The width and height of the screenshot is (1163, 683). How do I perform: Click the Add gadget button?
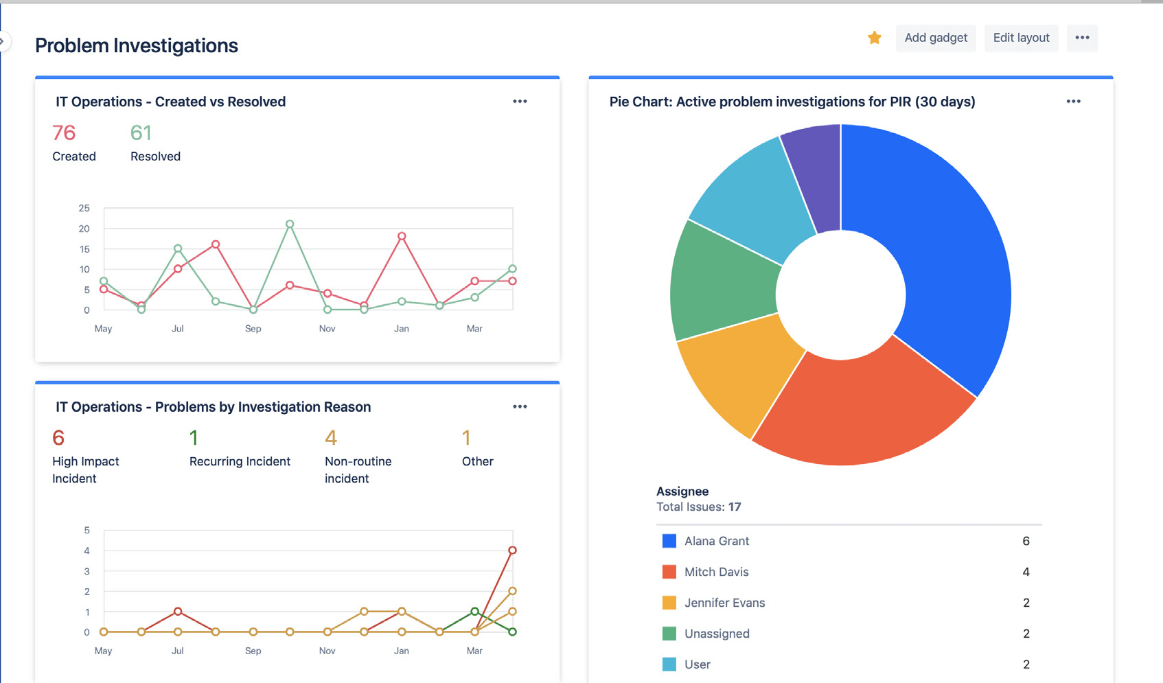[935, 38]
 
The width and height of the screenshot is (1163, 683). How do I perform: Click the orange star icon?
[874, 38]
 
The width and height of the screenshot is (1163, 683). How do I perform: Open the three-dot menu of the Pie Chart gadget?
[1073, 102]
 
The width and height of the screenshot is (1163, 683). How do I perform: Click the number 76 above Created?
[64, 132]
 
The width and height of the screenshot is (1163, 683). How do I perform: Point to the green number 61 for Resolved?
[141, 132]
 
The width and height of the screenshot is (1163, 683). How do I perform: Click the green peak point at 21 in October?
[290, 224]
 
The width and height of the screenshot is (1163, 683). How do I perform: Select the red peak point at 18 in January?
[402, 236]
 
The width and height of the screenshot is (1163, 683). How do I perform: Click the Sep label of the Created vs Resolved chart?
[253, 329]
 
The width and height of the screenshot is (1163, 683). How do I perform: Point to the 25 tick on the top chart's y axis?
[84, 208]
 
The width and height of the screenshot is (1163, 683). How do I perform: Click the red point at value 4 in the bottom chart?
[512, 551]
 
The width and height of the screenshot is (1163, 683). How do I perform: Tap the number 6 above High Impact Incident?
[58, 438]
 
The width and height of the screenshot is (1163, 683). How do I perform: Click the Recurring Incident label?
[240, 461]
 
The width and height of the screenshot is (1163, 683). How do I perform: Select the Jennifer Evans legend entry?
[724, 603]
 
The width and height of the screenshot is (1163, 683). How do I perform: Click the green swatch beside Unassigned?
[669, 634]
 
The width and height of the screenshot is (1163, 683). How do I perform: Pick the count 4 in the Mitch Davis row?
[1026, 572]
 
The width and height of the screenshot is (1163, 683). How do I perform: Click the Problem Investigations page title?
[137, 45]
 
